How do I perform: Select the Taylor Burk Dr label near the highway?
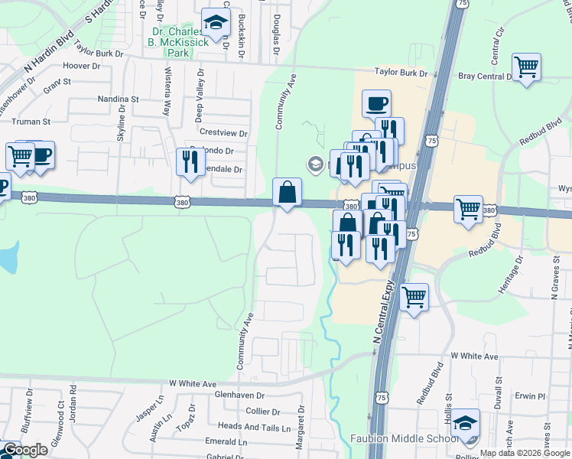pyautogui.click(x=401, y=73)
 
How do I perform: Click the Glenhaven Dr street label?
pyautogui.click(x=239, y=396)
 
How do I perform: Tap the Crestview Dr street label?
pyautogui.click(x=223, y=133)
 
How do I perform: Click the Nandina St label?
pyautogui.click(x=118, y=99)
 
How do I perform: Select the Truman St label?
pyautogui.click(x=31, y=122)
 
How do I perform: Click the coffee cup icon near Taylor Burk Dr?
pyautogui.click(x=376, y=104)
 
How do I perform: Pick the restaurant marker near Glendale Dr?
pyautogui.click(x=188, y=161)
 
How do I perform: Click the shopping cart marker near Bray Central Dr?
pyautogui.click(x=526, y=67)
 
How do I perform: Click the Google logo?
pyautogui.click(x=25, y=450)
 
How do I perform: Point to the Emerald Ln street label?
pyautogui.click(x=226, y=441)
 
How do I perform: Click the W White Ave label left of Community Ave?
pyautogui.click(x=193, y=382)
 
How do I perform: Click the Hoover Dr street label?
pyautogui.click(x=83, y=67)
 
